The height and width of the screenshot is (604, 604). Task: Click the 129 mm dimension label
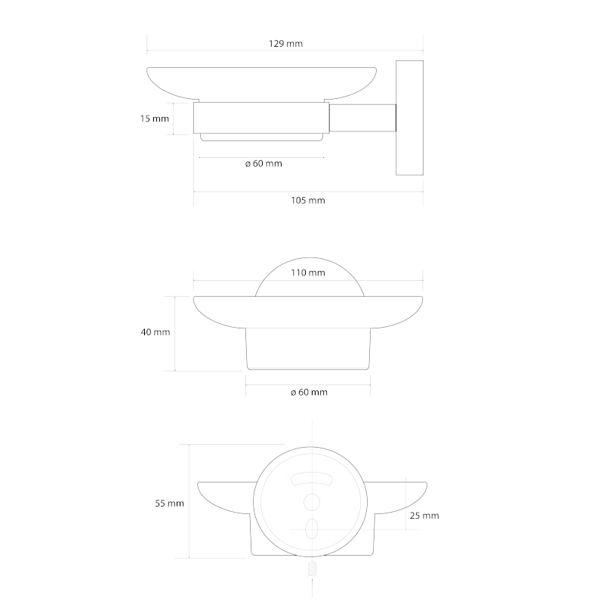pyautogui.click(x=285, y=44)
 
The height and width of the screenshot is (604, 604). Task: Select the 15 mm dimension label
pyautogui.click(x=155, y=119)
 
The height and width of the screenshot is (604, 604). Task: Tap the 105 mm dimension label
pyautogui.click(x=308, y=200)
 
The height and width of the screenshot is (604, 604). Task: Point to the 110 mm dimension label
pyautogui.click(x=308, y=273)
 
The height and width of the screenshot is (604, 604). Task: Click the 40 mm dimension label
pyautogui.click(x=156, y=332)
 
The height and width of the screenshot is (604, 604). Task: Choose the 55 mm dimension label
pyautogui.click(x=169, y=504)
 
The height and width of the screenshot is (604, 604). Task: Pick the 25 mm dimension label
pyautogui.click(x=424, y=516)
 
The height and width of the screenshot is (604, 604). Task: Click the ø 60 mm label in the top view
pyautogui.click(x=263, y=164)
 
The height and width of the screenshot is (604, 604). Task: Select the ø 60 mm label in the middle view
pyautogui.click(x=309, y=393)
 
